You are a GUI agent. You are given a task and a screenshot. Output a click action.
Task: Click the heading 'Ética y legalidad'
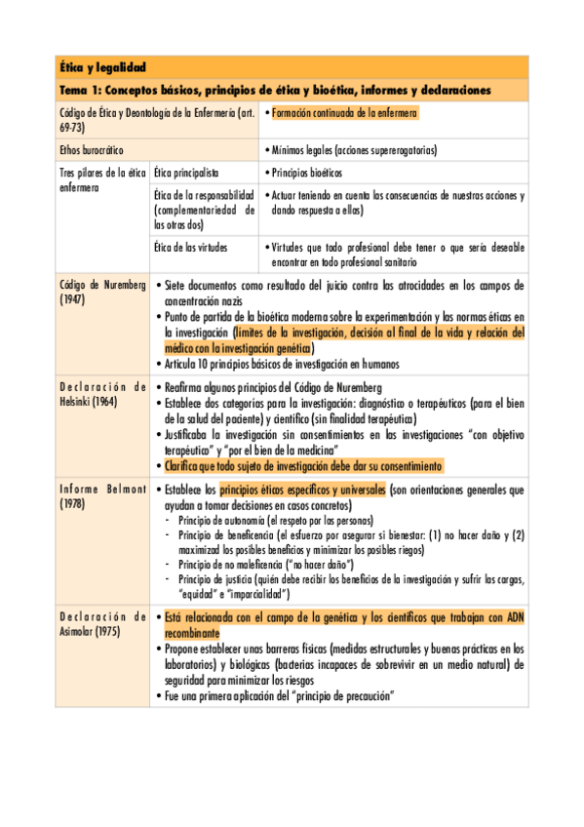point(102,67)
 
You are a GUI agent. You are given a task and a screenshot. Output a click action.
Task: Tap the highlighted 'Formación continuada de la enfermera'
point(344,114)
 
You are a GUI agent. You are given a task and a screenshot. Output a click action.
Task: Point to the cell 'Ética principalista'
point(185,173)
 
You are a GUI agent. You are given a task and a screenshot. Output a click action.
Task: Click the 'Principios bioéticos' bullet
point(307,173)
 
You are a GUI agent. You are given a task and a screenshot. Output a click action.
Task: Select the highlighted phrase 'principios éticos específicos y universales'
point(302,490)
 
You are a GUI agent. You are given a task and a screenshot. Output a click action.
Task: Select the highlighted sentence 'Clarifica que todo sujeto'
point(304,466)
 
